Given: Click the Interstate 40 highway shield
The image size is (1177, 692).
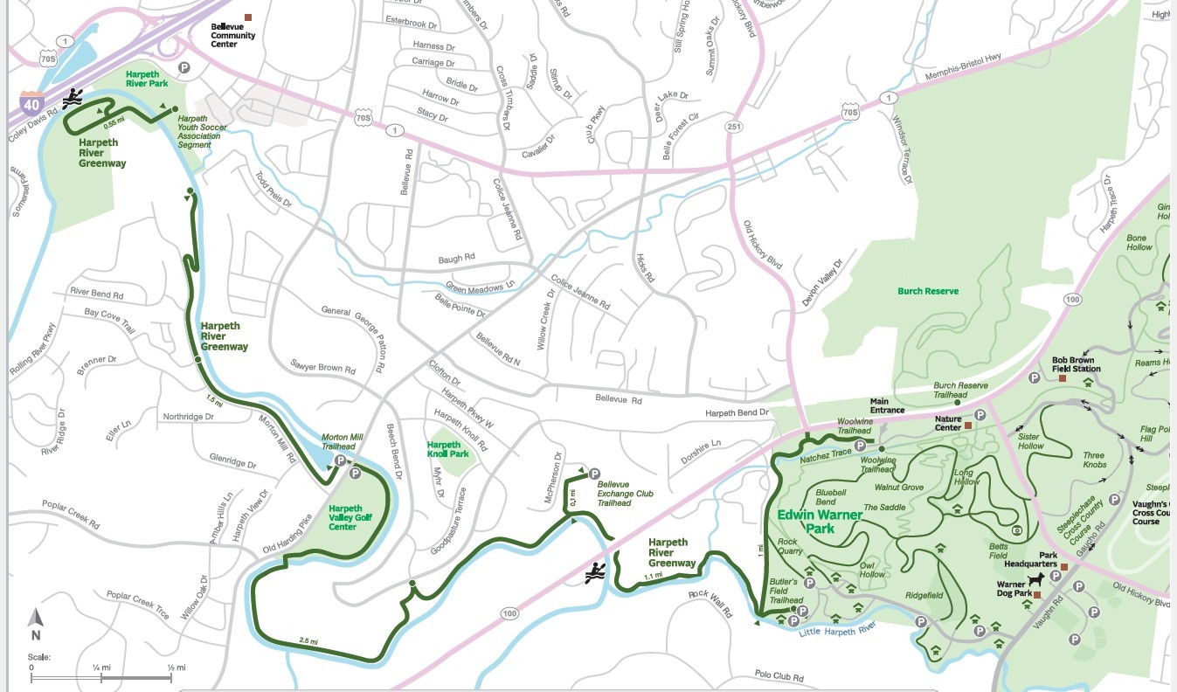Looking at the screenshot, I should (x=32, y=104).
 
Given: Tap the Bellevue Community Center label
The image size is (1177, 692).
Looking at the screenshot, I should (x=233, y=36).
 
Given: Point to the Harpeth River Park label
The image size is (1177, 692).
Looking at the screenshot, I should (x=147, y=80).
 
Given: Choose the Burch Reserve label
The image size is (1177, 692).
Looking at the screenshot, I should (x=928, y=291).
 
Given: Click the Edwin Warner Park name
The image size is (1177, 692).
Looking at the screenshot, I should (x=820, y=522).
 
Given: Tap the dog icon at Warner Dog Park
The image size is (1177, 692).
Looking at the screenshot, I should (x=1036, y=580).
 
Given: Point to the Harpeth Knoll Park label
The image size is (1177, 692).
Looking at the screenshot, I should (x=447, y=449).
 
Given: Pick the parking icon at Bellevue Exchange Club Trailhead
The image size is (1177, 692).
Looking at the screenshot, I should (x=595, y=473).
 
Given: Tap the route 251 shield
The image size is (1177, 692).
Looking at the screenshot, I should (x=732, y=127).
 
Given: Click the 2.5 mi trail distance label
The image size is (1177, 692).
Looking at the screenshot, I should (x=308, y=640).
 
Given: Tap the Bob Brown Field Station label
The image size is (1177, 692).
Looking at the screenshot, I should (x=1076, y=364).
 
